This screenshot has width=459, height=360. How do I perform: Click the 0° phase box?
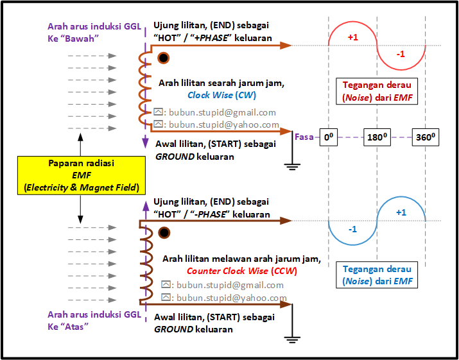[x=329, y=137]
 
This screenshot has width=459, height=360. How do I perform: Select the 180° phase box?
[x=377, y=137]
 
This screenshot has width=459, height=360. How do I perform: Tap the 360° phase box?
[x=426, y=137]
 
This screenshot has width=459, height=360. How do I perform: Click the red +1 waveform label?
[x=352, y=37]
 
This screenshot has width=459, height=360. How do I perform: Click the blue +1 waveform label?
[x=401, y=212]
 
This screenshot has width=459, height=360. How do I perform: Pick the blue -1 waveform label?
[x=352, y=230]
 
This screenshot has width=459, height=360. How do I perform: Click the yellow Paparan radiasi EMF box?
[x=82, y=175]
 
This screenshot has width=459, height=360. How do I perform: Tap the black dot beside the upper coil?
[x=163, y=58]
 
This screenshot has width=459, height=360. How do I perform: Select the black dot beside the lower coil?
[x=164, y=233]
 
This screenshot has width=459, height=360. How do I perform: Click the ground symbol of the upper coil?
[x=292, y=167]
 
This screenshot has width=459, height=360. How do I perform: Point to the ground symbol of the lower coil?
[x=292, y=339]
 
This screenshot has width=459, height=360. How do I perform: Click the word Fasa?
[x=304, y=137]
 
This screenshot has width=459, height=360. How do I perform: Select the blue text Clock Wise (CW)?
[x=221, y=96]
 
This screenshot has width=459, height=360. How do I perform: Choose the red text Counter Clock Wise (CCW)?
[x=242, y=271]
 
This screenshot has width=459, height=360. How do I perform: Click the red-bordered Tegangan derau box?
[x=377, y=91]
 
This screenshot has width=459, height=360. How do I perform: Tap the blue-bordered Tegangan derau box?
[x=377, y=275]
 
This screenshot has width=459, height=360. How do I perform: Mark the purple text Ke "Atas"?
[x=68, y=327]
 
